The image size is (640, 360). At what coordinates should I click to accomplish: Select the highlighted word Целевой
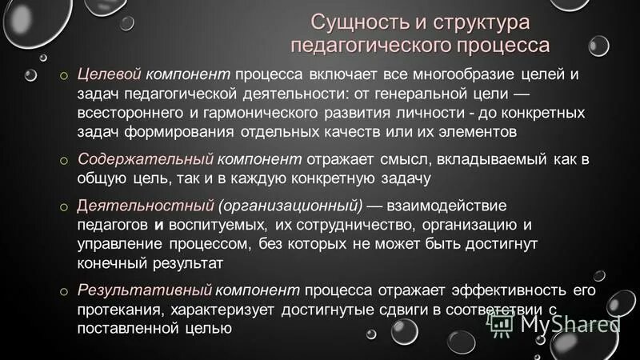click(x=110, y=74)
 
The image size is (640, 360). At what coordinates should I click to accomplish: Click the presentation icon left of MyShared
click(x=502, y=324)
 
